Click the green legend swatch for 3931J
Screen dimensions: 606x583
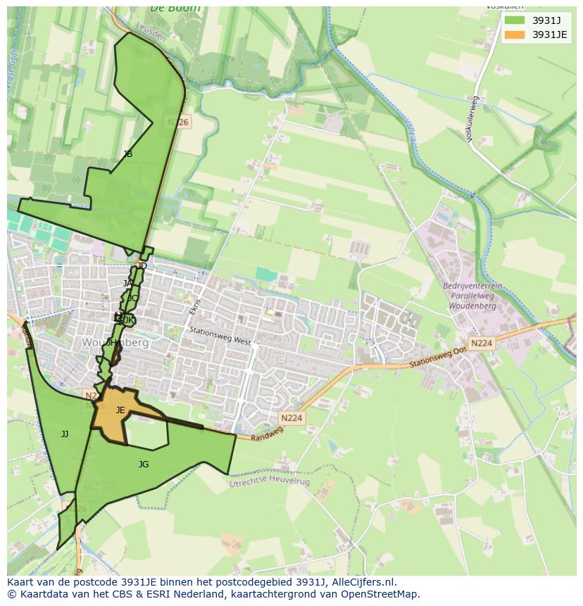point(515,20)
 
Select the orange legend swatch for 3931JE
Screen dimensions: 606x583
point(515,34)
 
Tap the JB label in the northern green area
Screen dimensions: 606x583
point(127,154)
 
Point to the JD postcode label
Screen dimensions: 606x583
point(142,266)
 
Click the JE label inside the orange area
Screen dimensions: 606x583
point(120,410)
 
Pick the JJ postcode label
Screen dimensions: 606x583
point(65,434)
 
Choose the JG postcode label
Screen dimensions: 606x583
point(144,465)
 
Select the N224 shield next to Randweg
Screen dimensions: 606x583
point(291,418)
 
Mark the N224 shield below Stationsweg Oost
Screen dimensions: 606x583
point(482,343)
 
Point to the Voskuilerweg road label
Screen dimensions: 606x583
point(472,120)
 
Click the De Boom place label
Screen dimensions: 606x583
point(175,8)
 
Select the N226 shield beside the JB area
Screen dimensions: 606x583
point(178,122)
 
